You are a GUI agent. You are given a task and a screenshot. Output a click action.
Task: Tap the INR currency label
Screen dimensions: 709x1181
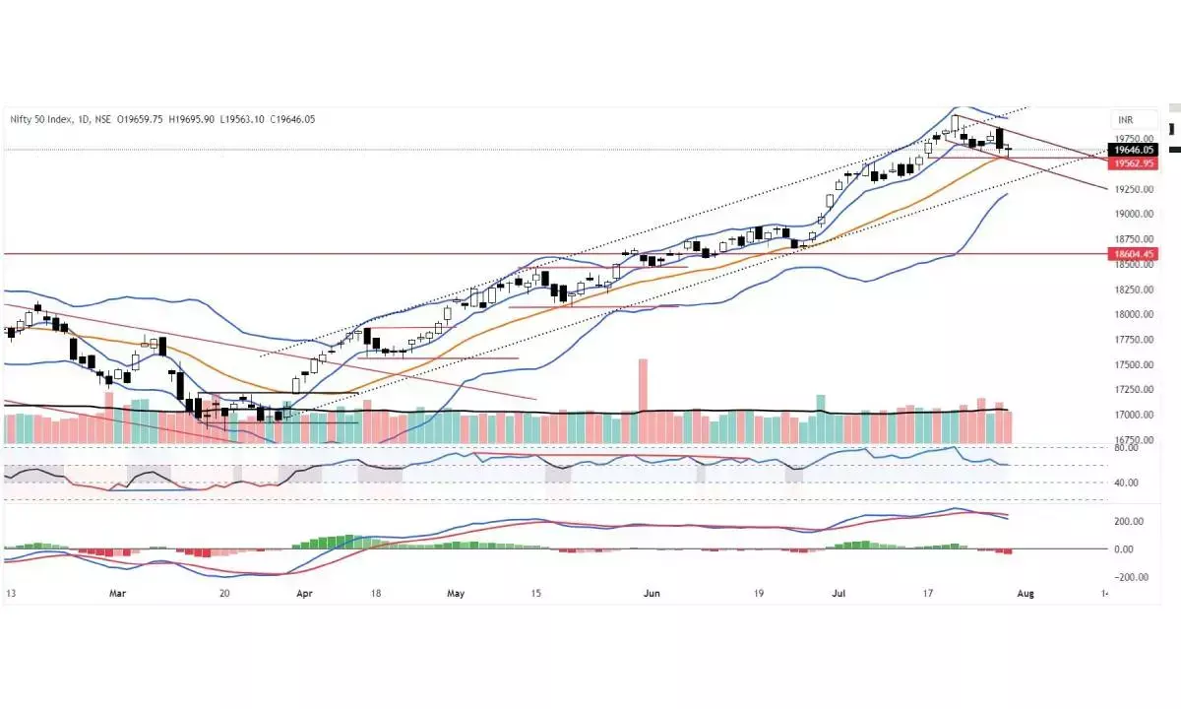pyautogui.click(x=1126, y=119)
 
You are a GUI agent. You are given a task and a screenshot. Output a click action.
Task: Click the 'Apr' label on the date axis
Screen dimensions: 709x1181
pyautogui.click(x=304, y=594)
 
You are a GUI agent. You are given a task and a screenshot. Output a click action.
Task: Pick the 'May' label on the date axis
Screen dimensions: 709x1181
pyautogui.click(x=456, y=594)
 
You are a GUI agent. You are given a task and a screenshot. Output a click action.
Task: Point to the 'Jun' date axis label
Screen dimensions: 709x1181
pyautogui.click(x=649, y=594)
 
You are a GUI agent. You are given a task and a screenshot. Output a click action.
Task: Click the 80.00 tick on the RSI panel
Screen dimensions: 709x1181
pyautogui.click(x=1125, y=448)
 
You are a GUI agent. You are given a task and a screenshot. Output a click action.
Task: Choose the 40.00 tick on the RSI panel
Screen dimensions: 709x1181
pyautogui.click(x=1125, y=483)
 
